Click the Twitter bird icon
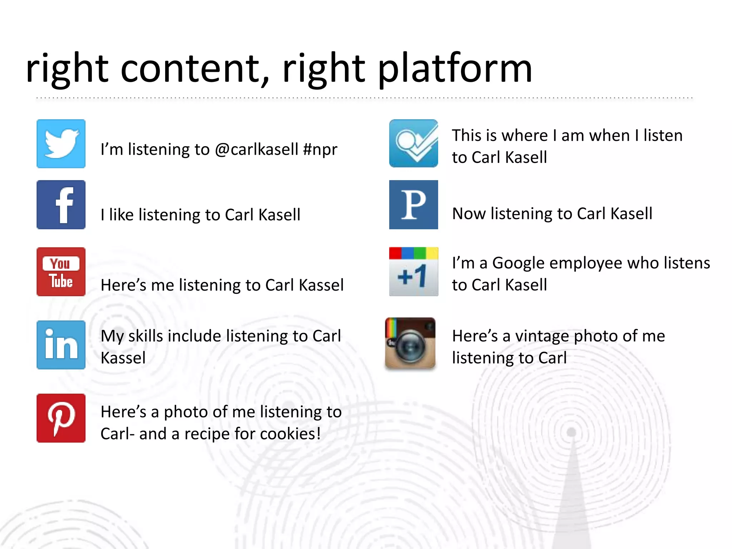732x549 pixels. pos(61,144)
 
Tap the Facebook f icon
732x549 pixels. pos(61,204)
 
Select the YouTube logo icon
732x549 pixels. pos(61,272)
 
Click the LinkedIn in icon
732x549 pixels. pos(61,345)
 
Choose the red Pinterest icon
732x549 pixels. pos(61,418)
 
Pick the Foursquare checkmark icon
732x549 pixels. pos(414,143)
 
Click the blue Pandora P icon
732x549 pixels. pos(414,204)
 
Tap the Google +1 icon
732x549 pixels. pos(414,272)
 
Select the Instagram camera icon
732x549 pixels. pos(410,343)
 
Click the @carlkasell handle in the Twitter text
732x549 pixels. pos(256,149)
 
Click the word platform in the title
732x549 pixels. pos(455,69)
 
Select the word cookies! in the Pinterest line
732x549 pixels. pos(290,434)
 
